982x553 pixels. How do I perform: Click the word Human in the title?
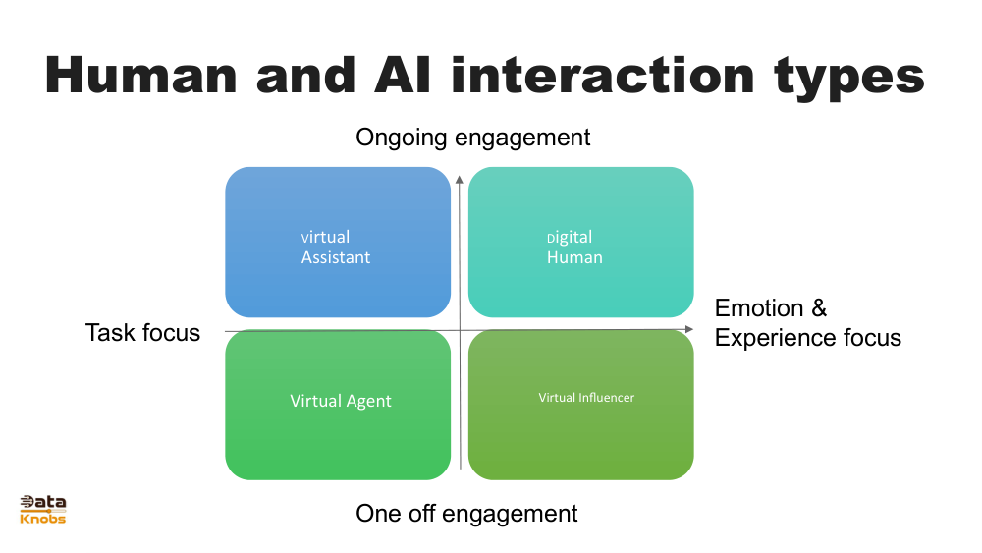click(141, 76)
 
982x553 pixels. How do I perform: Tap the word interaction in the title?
click(603, 76)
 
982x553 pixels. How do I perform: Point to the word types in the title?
click(849, 79)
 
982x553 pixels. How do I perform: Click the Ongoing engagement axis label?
click(473, 138)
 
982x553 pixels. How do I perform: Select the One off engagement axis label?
click(466, 514)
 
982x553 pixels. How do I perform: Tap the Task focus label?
click(142, 333)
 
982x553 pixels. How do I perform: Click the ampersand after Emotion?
click(819, 308)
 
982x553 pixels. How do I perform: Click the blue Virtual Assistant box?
click(338, 242)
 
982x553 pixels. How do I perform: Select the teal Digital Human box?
click(580, 242)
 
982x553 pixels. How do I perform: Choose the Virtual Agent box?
click(338, 405)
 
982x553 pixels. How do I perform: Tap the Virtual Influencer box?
click(580, 405)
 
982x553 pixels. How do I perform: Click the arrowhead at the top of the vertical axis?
click(459, 180)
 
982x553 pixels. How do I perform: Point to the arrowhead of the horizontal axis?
click(689, 329)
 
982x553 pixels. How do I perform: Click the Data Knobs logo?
click(42, 509)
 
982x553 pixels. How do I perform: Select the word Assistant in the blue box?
click(336, 257)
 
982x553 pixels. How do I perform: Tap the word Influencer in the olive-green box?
click(606, 397)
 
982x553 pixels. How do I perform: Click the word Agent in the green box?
click(368, 402)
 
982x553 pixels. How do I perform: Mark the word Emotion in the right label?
click(759, 308)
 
